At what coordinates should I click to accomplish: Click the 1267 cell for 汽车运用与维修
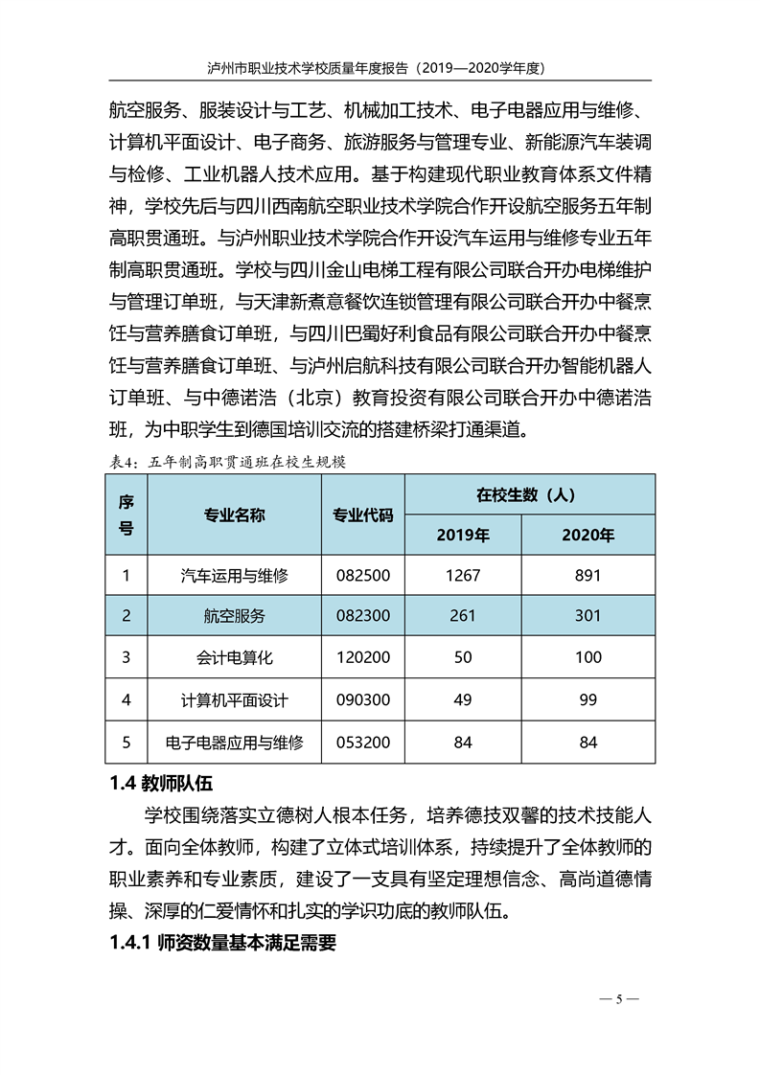tap(462, 575)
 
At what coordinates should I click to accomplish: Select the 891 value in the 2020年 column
tap(587, 575)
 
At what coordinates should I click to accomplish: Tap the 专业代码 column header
tap(362, 515)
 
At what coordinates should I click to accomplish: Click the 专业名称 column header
tap(234, 515)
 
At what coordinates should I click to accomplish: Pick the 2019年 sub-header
tap(462, 535)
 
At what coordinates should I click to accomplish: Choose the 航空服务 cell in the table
tap(234, 616)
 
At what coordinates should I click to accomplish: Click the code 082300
tap(362, 616)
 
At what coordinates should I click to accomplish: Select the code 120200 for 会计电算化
tap(362, 657)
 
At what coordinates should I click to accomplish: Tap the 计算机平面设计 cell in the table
tap(234, 699)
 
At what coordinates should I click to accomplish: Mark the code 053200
tap(362, 742)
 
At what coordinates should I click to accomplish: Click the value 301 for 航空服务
tap(587, 616)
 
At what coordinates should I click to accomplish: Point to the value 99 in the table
tap(587, 699)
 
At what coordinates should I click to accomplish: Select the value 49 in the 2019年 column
tap(462, 699)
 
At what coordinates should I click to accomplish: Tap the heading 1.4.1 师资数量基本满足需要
tap(222, 943)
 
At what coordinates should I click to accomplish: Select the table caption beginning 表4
tap(227, 461)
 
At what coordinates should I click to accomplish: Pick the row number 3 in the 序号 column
tap(127, 657)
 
